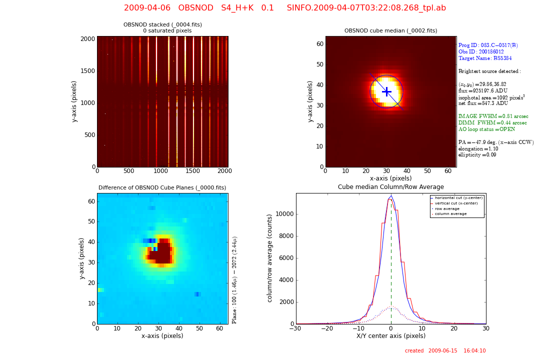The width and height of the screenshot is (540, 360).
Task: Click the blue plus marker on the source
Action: click(386, 91)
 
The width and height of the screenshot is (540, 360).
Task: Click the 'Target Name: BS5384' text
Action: click(478, 58)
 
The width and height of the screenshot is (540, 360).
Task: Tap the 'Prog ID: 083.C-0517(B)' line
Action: click(488, 45)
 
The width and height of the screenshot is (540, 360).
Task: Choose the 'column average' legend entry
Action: click(450, 214)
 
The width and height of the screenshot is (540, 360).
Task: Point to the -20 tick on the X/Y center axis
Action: click(327, 328)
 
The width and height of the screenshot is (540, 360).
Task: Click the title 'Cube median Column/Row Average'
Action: click(390, 187)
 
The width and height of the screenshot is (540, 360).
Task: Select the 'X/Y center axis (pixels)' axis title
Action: click(390, 336)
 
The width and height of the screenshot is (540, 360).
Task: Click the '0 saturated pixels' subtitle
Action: click(167, 31)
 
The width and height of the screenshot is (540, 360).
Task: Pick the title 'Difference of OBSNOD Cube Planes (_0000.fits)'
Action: click(162, 188)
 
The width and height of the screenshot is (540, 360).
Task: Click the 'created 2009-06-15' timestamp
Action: click(445, 351)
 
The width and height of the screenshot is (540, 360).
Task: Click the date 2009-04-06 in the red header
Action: click(147, 8)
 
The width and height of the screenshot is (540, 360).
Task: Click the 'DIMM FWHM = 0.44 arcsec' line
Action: click(492, 122)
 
